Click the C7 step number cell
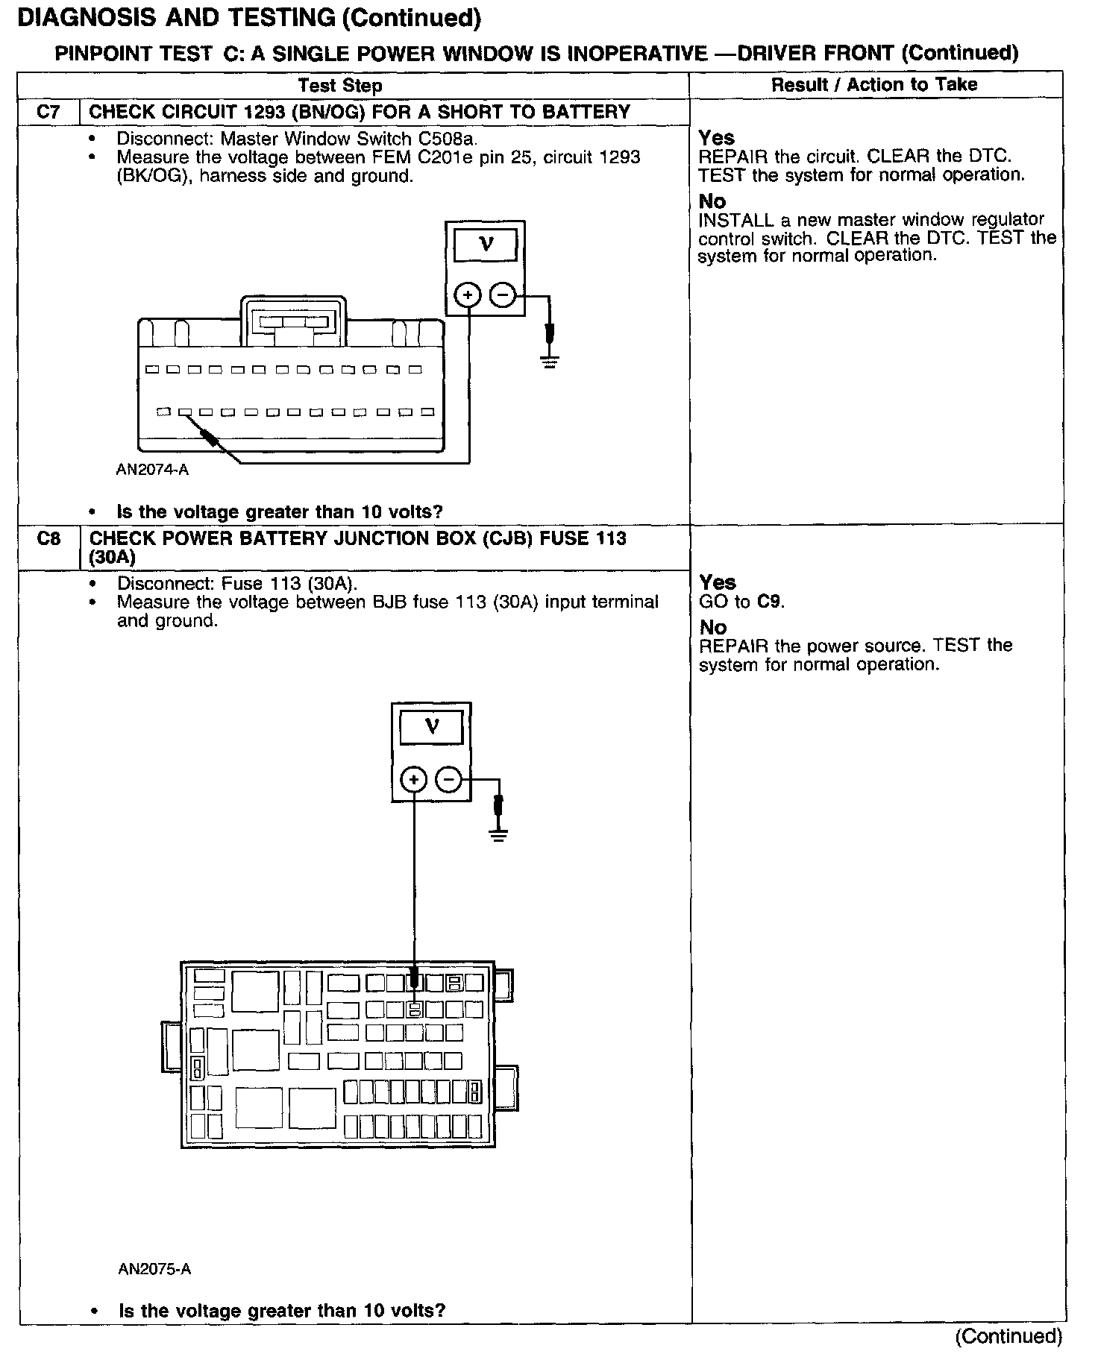tap(48, 113)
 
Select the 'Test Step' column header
tap(340, 86)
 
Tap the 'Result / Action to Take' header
tap(874, 85)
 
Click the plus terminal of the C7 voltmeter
tap(468, 296)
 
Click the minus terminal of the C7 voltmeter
tap(502, 296)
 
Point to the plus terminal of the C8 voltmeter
tap(414, 780)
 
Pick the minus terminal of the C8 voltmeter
tap(448, 780)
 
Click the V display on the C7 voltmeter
tap(486, 245)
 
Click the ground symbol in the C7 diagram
tap(550, 363)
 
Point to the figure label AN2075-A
tap(154, 1268)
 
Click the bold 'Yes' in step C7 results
tap(716, 138)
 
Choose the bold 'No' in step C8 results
tap(712, 627)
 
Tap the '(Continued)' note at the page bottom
tap(1008, 1336)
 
